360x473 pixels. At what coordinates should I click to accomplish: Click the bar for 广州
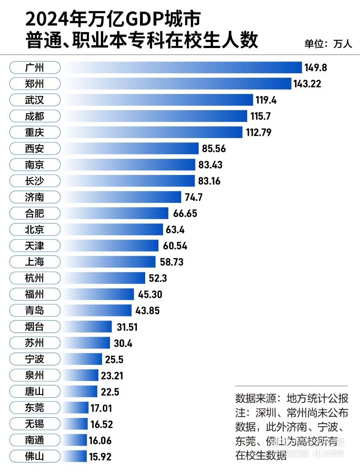(x=182, y=67)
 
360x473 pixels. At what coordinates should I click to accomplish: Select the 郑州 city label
(x=34, y=84)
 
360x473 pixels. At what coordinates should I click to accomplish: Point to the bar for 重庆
(x=152, y=132)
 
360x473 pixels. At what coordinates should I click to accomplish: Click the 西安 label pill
(x=34, y=148)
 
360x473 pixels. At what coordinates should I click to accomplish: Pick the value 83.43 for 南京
(x=210, y=164)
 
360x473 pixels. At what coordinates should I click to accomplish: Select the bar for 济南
(x=122, y=197)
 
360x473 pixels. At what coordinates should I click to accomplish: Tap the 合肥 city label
(x=34, y=213)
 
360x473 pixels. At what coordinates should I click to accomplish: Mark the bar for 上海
(x=109, y=262)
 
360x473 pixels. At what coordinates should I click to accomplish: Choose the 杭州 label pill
(x=34, y=278)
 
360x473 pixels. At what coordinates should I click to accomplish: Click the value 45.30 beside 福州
(x=150, y=295)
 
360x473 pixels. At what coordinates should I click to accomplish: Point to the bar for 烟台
(x=87, y=327)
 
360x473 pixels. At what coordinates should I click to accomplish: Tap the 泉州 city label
(x=34, y=375)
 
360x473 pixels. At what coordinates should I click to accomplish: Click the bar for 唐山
(x=80, y=391)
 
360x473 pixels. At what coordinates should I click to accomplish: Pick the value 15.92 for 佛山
(x=100, y=456)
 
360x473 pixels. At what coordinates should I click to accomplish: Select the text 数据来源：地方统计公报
(x=292, y=399)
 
